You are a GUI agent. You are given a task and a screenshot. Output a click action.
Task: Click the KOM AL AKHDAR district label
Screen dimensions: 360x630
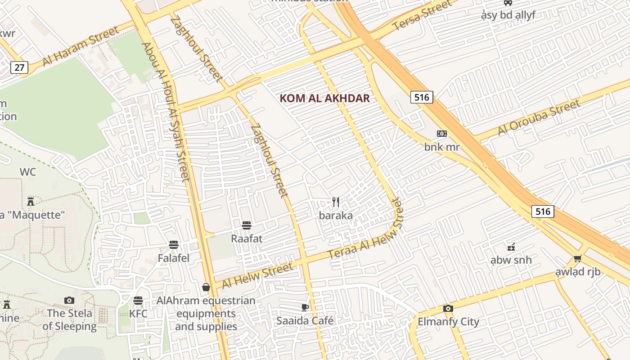(x=324, y=98)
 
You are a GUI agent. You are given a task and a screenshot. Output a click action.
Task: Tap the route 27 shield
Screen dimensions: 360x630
(x=19, y=67)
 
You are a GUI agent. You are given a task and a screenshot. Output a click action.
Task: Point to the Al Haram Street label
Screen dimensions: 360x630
(x=81, y=46)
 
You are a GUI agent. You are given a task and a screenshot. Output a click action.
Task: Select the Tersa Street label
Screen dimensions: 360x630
(x=422, y=16)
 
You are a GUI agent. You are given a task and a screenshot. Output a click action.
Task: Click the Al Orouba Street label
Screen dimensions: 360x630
(x=539, y=118)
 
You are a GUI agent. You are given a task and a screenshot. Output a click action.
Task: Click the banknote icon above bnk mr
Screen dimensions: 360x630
(x=442, y=134)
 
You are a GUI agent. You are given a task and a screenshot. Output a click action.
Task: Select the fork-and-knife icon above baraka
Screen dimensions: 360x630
(x=336, y=202)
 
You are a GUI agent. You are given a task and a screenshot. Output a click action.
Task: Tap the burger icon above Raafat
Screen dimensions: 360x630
(x=246, y=225)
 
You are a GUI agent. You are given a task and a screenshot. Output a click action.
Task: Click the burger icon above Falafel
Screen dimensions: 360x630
(x=174, y=245)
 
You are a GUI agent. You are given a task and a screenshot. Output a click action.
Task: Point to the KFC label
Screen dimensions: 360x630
(x=138, y=313)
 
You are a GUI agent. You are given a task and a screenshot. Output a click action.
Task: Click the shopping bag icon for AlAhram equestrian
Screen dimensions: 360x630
(x=206, y=287)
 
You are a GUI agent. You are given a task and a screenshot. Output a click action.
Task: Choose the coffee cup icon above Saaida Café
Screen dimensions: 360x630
(x=305, y=307)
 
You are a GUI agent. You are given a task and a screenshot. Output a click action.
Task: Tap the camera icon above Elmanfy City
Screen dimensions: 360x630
(x=448, y=308)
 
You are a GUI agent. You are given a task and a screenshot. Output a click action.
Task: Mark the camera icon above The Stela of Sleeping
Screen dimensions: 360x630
(x=69, y=300)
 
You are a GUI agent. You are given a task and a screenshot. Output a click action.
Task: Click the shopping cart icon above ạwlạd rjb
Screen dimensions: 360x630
(x=578, y=258)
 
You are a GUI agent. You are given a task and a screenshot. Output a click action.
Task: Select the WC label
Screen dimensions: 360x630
(x=28, y=172)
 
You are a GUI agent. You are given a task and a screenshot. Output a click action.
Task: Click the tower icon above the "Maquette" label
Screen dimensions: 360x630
(x=31, y=201)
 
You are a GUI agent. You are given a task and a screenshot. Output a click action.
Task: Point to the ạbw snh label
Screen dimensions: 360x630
(x=511, y=260)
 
